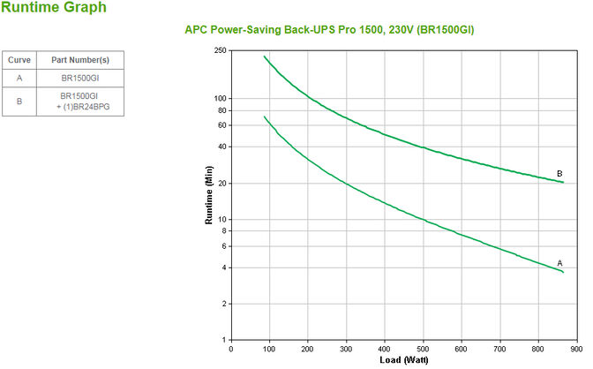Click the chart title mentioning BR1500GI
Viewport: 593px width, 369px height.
[x=342, y=29]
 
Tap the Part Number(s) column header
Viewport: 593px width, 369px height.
[x=79, y=60]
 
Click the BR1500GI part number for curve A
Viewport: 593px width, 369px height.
[x=79, y=78]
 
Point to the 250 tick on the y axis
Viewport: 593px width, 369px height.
[x=221, y=50]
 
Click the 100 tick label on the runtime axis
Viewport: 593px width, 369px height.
[x=221, y=98]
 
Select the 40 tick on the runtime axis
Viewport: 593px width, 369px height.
[x=222, y=147]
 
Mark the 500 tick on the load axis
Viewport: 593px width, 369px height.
[x=423, y=347]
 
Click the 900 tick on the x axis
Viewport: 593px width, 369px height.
[x=575, y=347]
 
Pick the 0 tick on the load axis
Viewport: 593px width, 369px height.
[x=231, y=347]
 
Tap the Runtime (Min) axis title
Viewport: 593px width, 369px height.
[x=210, y=195]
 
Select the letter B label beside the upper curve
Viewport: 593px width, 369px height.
[x=559, y=173]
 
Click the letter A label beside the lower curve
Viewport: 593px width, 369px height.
[x=559, y=263]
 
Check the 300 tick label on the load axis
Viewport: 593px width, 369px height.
[x=346, y=347]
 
